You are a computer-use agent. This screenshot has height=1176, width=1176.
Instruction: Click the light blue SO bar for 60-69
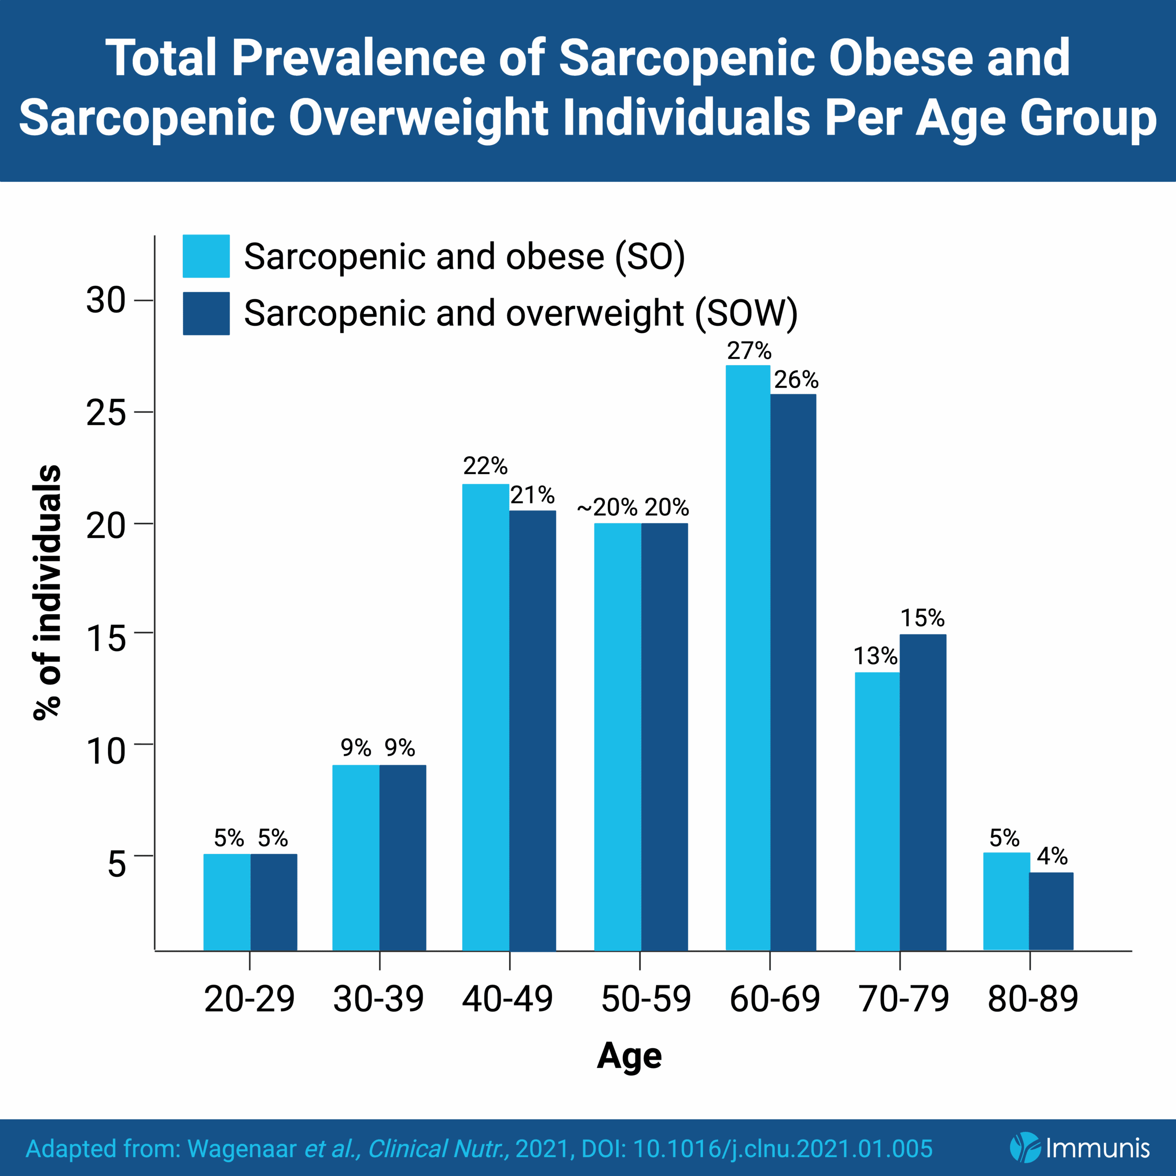tap(747, 657)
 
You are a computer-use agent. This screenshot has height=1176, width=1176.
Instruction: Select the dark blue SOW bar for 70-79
tap(923, 792)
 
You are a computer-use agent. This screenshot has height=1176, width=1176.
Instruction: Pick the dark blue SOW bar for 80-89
tap(1051, 911)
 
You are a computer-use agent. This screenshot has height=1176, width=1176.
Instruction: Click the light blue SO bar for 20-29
tap(226, 902)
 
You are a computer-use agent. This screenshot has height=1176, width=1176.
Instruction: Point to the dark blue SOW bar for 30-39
tap(402, 858)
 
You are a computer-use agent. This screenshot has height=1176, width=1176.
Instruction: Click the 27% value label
tap(749, 351)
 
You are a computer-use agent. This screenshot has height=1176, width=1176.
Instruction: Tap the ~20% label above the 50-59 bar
tap(607, 507)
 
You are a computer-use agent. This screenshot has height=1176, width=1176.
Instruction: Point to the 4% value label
tap(1052, 856)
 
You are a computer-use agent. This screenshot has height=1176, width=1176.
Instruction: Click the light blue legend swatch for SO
tap(206, 256)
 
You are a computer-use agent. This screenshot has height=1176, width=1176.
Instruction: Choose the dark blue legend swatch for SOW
tap(206, 313)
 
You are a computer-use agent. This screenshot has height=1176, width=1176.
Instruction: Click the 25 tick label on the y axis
tap(106, 413)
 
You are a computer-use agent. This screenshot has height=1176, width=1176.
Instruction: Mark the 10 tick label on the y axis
tap(106, 751)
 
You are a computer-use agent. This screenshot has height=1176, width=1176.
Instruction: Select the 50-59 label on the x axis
tap(646, 999)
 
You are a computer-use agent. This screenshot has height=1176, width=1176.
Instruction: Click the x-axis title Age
tap(629, 1056)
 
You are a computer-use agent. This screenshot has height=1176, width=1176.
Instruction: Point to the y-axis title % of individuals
tap(47, 594)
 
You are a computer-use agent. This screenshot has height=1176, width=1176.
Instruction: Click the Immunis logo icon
tap(1024, 1148)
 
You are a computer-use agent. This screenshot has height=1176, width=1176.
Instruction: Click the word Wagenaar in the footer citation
tap(242, 1148)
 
